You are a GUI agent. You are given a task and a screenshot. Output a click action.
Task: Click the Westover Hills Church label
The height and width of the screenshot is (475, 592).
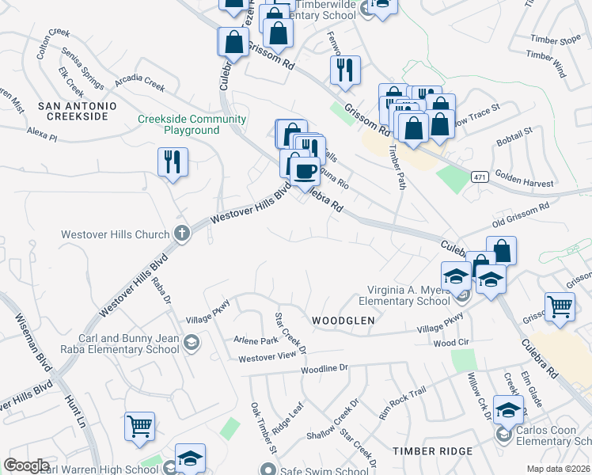[116, 234]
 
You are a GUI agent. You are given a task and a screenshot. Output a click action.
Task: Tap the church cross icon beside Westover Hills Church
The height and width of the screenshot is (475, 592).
[181, 234]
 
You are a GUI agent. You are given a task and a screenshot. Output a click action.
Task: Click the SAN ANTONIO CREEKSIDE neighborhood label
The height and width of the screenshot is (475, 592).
[77, 111]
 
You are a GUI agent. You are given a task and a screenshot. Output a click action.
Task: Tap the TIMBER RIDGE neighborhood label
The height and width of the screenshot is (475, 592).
[433, 450]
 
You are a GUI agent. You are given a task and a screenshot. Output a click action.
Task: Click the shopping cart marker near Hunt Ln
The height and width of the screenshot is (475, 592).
[140, 426]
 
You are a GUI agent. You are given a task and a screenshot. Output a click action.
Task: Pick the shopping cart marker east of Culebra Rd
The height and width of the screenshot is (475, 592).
[560, 306]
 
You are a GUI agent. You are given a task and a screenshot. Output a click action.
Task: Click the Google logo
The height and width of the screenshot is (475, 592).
[27, 465]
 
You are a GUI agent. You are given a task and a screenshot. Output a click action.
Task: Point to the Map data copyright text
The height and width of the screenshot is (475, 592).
[558, 469]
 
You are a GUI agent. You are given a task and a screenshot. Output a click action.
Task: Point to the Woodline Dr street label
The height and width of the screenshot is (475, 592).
[324, 369]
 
